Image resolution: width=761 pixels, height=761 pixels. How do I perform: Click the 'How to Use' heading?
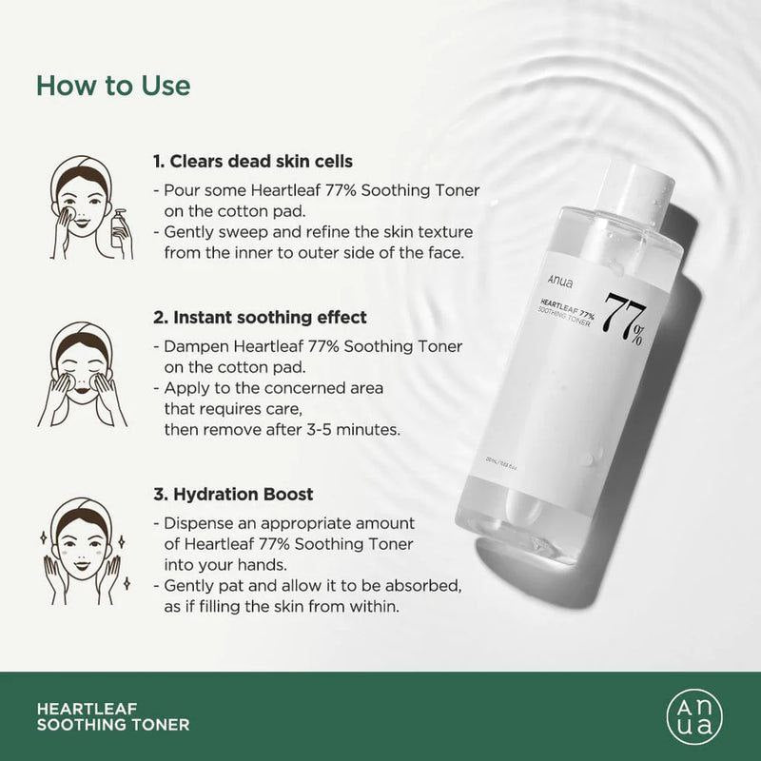click(113, 86)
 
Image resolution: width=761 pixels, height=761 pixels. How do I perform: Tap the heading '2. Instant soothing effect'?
click(259, 317)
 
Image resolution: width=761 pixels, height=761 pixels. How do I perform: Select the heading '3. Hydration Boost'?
click(233, 495)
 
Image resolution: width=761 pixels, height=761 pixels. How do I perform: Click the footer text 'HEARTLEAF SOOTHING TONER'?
click(112, 716)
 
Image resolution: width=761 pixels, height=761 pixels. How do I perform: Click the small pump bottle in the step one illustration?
click(121, 229)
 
